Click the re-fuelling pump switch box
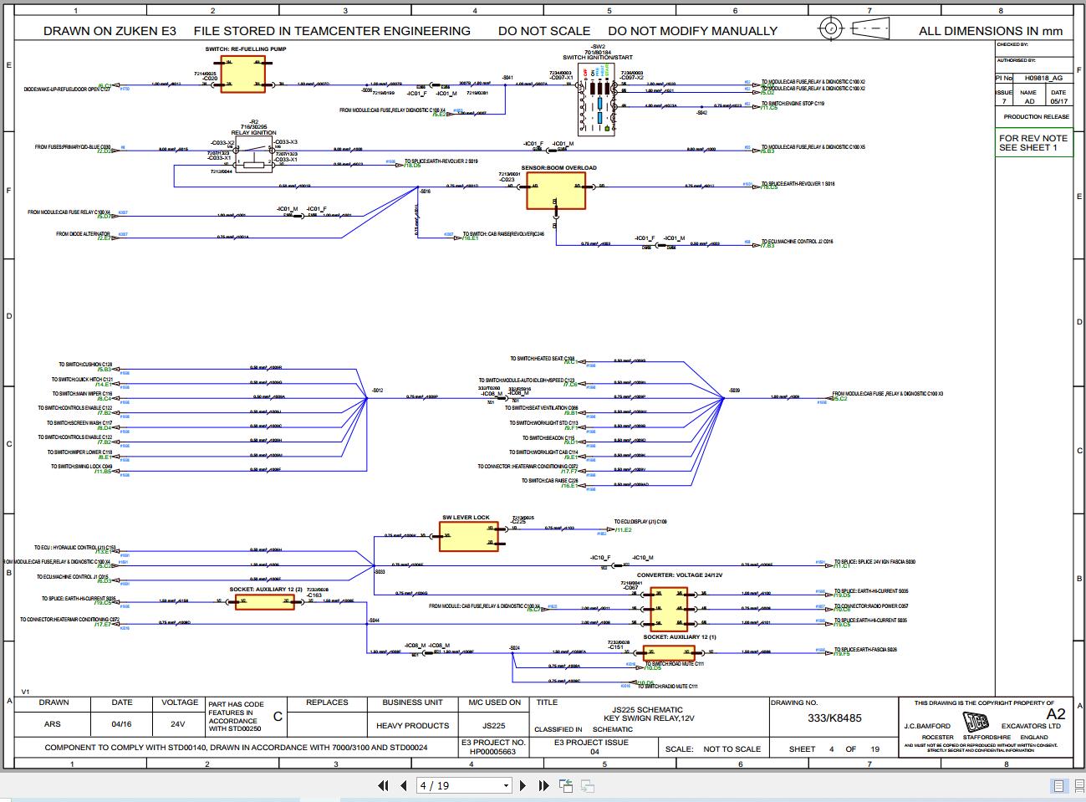242,75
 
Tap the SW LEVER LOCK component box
468,536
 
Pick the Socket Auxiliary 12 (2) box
264,601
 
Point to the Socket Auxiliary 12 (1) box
669,653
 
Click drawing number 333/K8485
834,718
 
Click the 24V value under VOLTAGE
177,724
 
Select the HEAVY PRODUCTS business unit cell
412,725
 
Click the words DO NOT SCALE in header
544,31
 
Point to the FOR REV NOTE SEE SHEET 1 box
1033,143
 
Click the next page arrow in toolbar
523,785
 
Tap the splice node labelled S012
368,398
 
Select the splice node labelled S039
724,398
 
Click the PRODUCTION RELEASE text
1035,117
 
